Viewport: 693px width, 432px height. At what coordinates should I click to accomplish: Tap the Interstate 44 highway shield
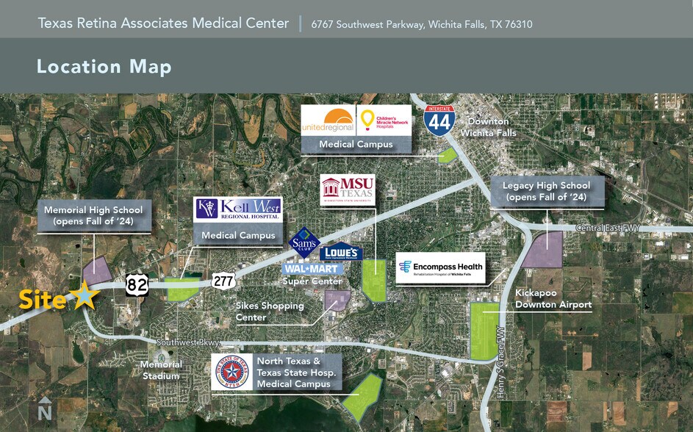click(x=439, y=119)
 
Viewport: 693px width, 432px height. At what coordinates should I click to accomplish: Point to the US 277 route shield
click(x=223, y=280)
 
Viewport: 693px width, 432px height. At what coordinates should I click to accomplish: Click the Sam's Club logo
click(x=304, y=242)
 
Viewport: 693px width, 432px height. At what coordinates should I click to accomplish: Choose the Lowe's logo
click(x=340, y=252)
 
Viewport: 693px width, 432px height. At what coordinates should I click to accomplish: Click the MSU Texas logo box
click(x=348, y=190)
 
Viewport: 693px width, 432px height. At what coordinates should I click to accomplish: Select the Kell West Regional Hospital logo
click(x=237, y=209)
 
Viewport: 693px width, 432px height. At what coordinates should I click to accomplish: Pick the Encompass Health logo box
click(x=441, y=267)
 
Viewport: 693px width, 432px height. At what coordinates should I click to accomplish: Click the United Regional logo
click(x=328, y=120)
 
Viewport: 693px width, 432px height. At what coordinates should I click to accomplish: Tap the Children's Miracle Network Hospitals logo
click(x=384, y=120)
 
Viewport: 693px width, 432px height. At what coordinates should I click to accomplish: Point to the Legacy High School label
click(x=547, y=191)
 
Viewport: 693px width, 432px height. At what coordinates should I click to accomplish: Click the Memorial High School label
click(x=93, y=215)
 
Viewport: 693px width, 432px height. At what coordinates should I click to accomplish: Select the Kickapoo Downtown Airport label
click(x=553, y=298)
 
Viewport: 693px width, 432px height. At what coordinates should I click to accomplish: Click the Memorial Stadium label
click(x=161, y=370)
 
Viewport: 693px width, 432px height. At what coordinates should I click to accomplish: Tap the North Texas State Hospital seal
click(x=231, y=372)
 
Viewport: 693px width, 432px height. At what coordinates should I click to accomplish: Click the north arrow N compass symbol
click(x=45, y=408)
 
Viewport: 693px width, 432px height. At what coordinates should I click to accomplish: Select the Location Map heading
click(x=104, y=67)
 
